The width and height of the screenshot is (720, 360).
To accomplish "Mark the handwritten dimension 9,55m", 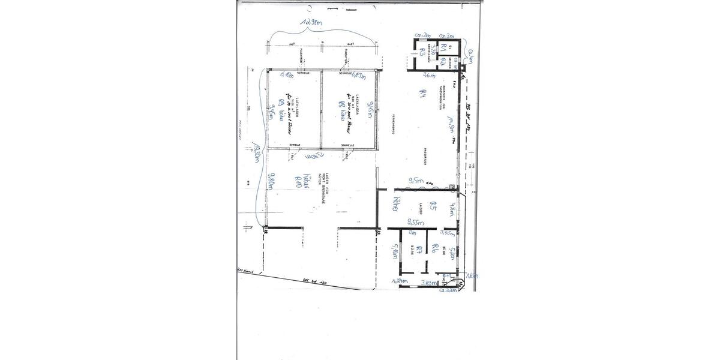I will pos(416,221).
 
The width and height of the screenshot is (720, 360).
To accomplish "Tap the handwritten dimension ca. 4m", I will pos(471,55).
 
